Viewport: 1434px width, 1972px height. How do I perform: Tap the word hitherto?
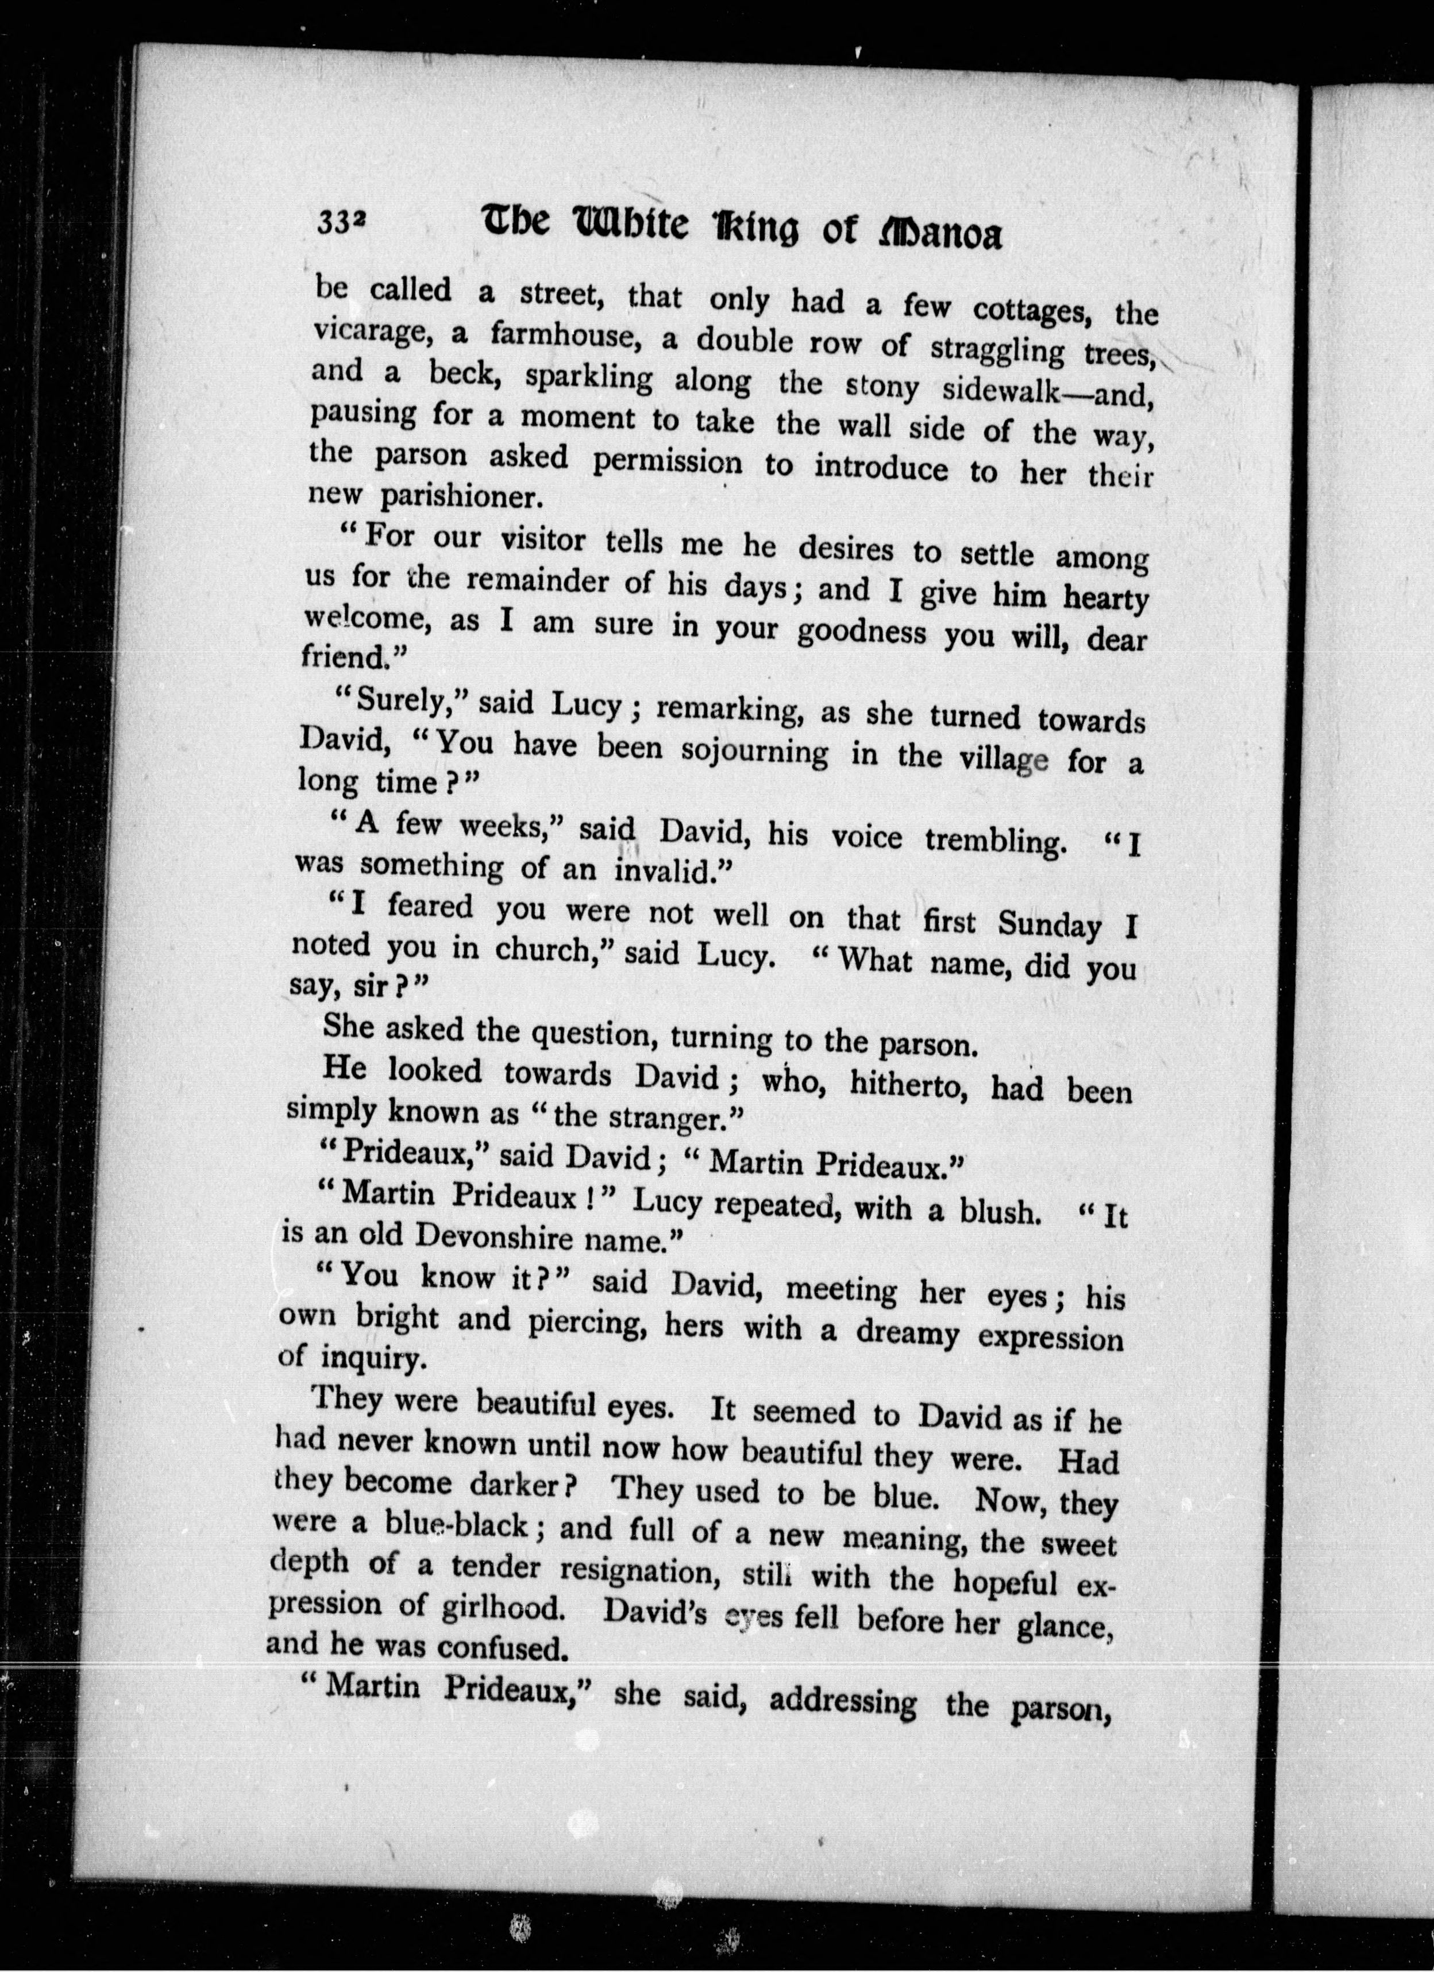897,1083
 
